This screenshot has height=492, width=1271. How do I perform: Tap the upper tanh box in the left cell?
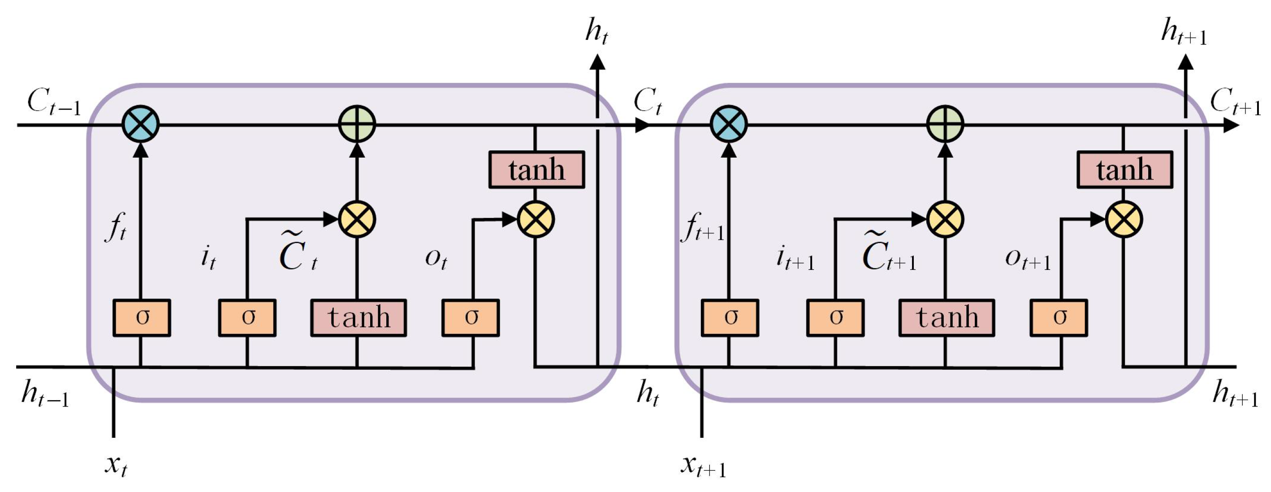[536, 170]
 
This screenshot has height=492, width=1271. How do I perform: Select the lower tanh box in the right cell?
[947, 317]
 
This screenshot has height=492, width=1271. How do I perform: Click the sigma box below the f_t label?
[142, 317]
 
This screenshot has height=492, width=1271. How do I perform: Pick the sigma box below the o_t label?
[470, 317]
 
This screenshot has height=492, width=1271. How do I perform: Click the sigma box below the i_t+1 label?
[835, 317]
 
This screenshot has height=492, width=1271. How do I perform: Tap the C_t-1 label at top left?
[53, 102]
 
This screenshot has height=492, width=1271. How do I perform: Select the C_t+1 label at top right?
[1235, 102]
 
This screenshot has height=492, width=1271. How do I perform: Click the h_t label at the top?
[597, 30]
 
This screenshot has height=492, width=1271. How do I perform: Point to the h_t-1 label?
[44, 394]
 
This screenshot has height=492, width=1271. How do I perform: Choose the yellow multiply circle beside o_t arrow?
[536, 219]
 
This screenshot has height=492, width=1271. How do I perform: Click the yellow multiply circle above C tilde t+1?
[945, 219]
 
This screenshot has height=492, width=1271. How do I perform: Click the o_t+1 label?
[1028, 259]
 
